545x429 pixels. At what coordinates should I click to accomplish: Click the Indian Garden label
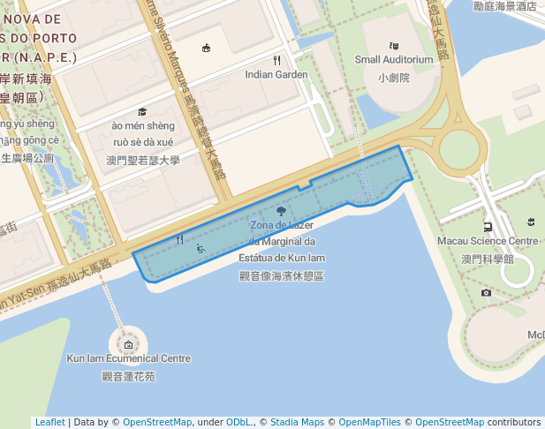point(276,75)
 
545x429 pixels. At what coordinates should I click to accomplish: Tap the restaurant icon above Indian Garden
point(276,60)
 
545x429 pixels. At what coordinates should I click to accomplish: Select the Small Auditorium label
point(394,60)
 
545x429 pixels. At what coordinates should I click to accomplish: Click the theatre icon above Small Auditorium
point(394,46)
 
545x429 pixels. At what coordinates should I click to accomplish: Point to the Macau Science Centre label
point(488,241)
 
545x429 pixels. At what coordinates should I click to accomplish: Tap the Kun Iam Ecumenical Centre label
point(129,358)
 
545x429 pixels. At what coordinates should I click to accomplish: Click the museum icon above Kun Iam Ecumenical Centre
point(129,344)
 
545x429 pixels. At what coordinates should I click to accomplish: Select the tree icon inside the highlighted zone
point(281,211)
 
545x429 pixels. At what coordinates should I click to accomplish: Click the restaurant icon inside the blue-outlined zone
point(180,239)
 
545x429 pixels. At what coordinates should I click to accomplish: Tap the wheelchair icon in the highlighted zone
point(201,248)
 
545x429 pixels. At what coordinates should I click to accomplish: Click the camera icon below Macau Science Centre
point(486,292)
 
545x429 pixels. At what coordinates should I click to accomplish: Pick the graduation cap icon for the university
point(142,112)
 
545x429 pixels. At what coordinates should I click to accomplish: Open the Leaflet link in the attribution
point(49,422)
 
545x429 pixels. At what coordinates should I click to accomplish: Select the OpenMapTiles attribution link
point(371,422)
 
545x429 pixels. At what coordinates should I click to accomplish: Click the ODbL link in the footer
point(240,422)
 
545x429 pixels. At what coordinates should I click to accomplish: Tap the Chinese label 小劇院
point(394,78)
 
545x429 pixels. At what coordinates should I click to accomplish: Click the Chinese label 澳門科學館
point(488,260)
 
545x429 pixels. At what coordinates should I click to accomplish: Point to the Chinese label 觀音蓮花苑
point(129,376)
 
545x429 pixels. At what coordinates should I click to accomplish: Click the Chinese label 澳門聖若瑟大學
point(142,161)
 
